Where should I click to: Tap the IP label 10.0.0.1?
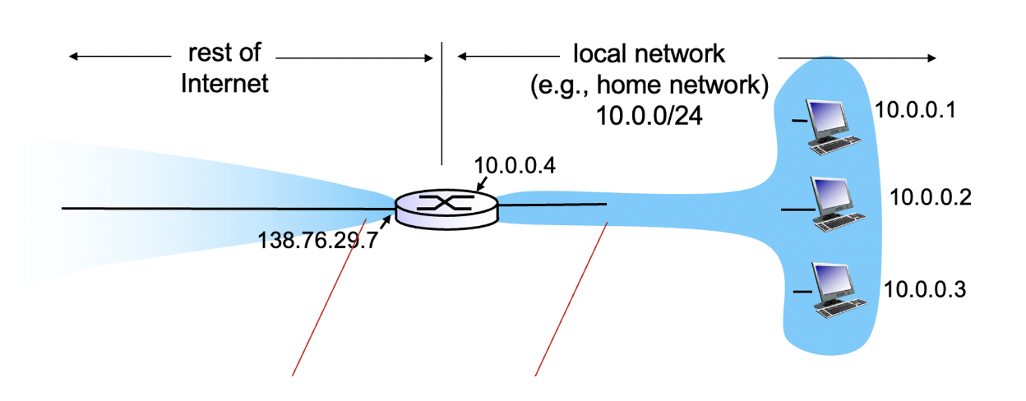point(915,109)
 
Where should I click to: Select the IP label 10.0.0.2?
point(931,197)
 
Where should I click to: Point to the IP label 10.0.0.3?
point(924,288)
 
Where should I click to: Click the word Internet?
point(224,83)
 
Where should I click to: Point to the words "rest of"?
point(224,54)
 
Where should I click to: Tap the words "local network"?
point(649,54)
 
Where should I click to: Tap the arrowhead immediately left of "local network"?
point(462,57)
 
